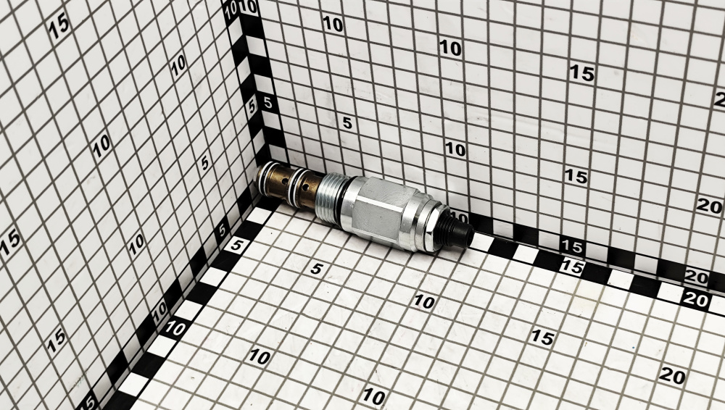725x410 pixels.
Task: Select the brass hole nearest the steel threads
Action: [x=306, y=189]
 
